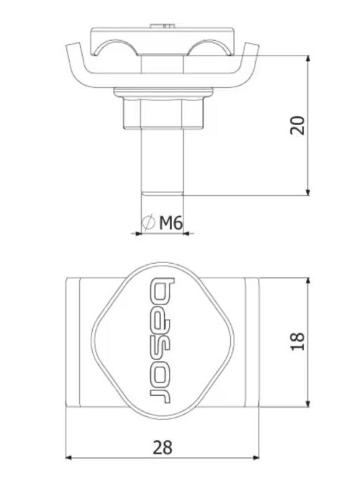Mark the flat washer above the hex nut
tap(162, 92)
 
